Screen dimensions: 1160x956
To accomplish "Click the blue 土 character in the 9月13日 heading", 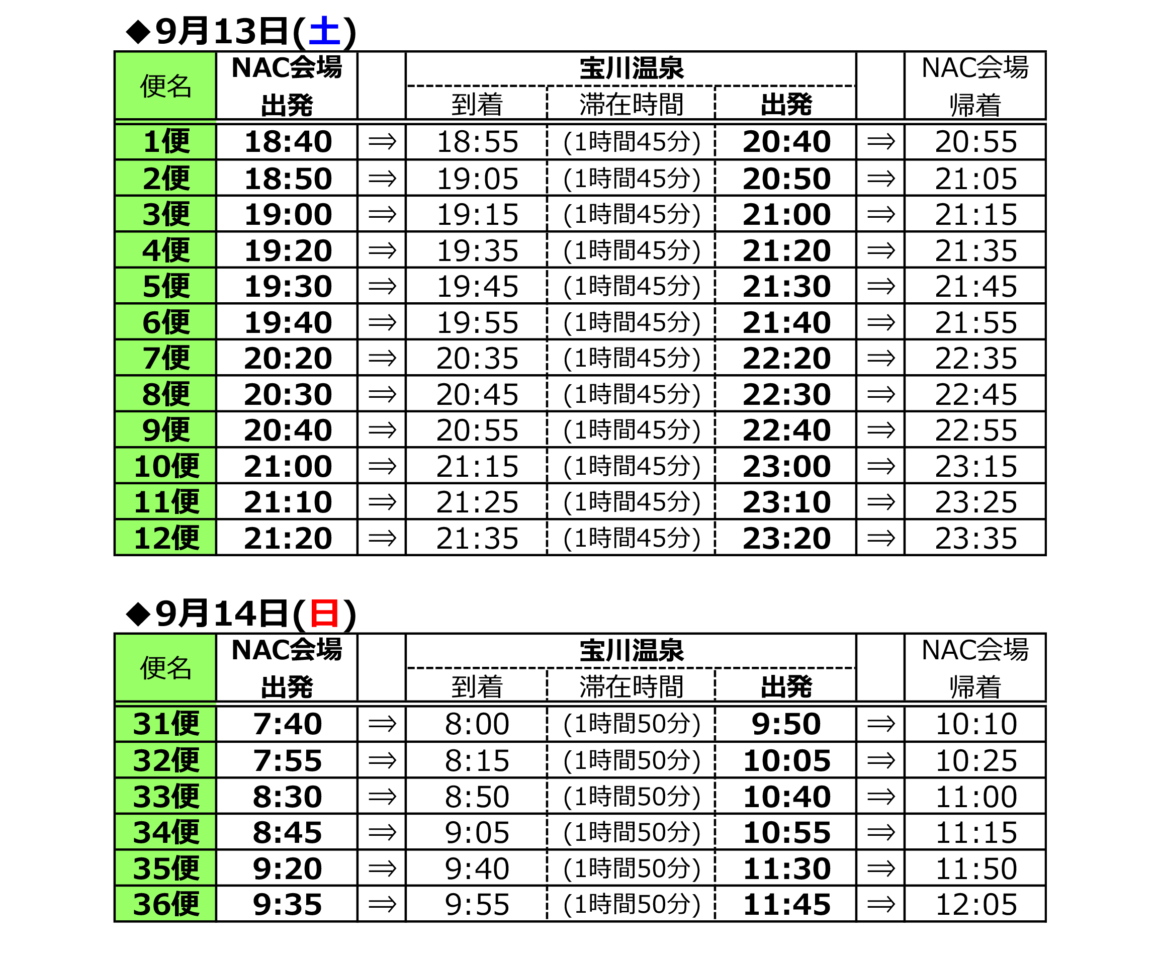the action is tap(324, 31).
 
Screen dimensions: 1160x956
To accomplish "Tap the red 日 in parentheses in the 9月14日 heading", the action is tap(324, 614).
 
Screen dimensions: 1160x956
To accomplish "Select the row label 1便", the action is tap(166, 141).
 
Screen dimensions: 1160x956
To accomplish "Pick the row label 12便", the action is tap(166, 538).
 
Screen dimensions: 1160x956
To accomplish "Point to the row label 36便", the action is tap(166, 904).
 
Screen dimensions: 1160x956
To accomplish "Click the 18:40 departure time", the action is tap(288, 141).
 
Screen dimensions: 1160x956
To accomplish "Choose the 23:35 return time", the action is tap(975, 538).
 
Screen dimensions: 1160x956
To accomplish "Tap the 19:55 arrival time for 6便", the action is tap(477, 322).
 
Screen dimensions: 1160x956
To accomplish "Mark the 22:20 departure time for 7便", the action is tap(786, 358).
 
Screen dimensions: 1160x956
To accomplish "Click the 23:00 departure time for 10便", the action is tap(786, 467).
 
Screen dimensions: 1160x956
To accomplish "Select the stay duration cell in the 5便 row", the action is tap(632, 286).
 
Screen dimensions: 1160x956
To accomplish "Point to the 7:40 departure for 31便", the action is tap(288, 724).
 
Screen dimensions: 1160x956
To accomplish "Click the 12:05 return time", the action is tap(975, 904).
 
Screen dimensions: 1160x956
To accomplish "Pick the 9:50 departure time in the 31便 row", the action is tap(786, 724).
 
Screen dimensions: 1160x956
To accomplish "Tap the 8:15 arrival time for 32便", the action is tap(477, 760).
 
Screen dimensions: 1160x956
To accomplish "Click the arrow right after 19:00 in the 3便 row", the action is tap(382, 214).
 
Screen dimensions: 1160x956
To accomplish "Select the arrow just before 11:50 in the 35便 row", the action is tap(880, 868).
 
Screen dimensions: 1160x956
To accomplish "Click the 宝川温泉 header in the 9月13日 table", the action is tap(632, 68).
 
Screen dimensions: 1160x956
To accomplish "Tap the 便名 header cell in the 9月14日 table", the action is tap(165, 668).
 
